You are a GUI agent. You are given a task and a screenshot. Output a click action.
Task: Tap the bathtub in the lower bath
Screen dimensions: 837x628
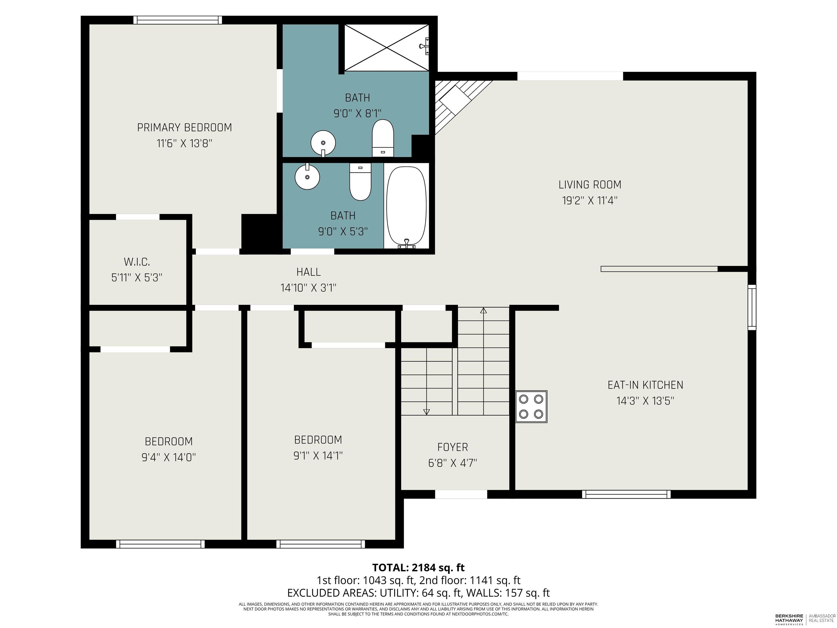(407, 206)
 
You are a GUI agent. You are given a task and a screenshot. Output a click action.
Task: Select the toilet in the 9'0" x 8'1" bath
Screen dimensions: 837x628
(383, 138)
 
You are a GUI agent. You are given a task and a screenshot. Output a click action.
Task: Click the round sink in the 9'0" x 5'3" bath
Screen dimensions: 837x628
(307, 176)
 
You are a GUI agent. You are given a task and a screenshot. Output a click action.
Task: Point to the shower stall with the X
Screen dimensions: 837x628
(386, 47)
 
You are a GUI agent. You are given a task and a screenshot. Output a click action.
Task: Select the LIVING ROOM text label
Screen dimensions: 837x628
(590, 185)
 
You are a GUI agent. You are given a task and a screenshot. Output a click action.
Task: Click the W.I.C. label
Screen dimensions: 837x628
(137, 262)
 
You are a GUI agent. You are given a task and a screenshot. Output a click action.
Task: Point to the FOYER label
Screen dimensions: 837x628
(453, 447)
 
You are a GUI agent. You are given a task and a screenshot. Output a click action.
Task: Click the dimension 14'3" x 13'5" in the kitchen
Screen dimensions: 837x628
(645, 401)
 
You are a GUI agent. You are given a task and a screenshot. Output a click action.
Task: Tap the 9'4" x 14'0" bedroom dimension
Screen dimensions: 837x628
(169, 457)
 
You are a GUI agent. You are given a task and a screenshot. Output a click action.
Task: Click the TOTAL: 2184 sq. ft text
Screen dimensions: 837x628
(418, 567)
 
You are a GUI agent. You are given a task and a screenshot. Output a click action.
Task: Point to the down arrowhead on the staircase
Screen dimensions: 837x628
(426, 412)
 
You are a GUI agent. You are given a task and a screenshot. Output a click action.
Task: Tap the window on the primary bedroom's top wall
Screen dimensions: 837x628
(177, 20)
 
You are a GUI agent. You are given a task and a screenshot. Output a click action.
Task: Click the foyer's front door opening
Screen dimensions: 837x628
(461, 494)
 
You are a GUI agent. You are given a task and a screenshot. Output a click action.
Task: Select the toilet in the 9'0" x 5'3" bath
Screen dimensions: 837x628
(360, 182)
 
